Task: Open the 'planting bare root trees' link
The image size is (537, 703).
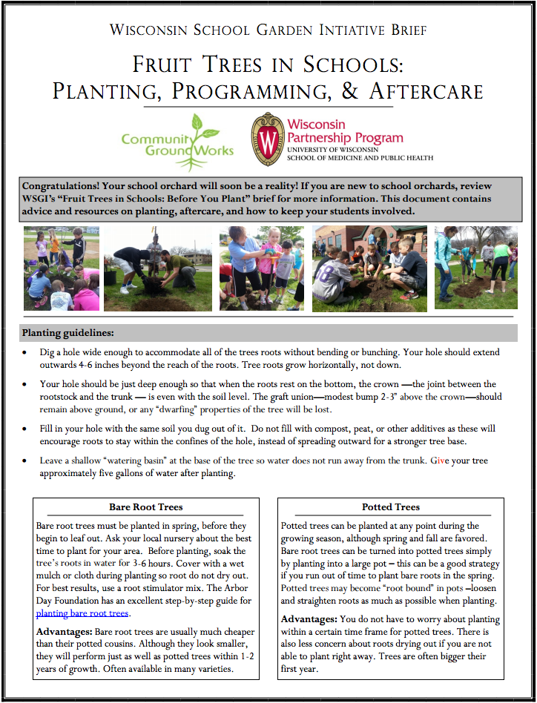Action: (x=82, y=613)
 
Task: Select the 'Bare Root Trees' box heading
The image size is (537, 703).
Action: (x=145, y=507)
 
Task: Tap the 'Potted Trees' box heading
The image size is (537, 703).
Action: (x=391, y=507)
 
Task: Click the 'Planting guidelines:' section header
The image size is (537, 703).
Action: (x=68, y=332)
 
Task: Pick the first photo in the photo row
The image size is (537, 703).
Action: (x=61, y=268)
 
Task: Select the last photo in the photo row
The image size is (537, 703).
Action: (x=475, y=267)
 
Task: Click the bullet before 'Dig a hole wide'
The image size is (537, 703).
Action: (x=27, y=352)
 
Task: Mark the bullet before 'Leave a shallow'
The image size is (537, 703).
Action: (x=27, y=461)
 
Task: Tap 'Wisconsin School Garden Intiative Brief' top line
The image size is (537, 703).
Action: (x=268, y=30)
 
